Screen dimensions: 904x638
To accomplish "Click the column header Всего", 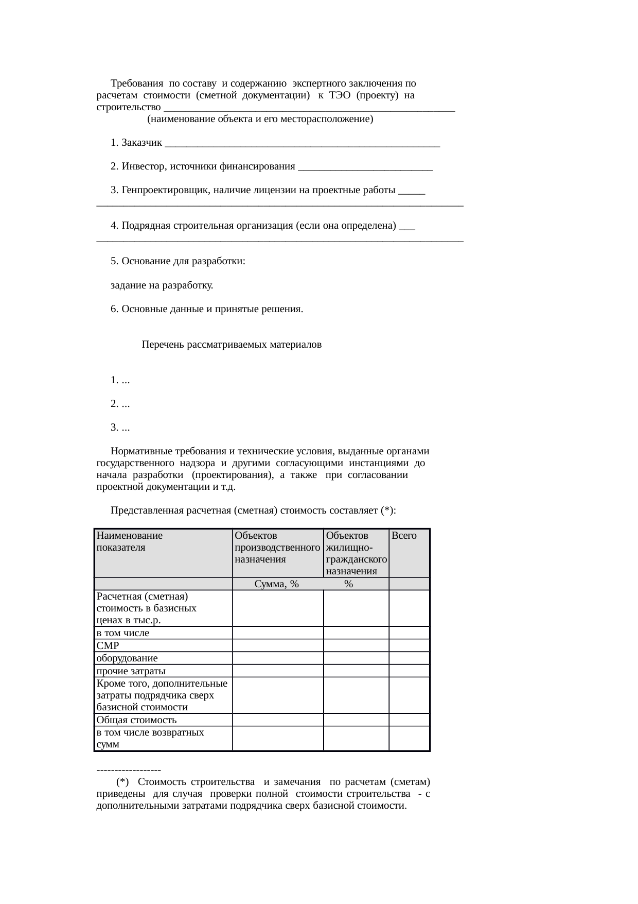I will pos(404,536).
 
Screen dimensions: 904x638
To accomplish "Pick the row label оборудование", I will pos(127,658).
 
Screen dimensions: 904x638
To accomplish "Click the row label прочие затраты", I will pos(131,671).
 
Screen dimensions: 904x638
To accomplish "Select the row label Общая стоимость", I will pos(136,720).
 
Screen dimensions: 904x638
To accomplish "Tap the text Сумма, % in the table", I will pos(277,584).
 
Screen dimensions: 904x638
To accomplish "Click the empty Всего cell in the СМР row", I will pos(409,646).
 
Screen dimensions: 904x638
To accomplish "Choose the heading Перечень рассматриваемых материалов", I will pos(232,345).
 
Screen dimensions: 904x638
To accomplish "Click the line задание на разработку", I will pos(162,285).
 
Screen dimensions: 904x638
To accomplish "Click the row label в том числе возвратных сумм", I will pos(150,738).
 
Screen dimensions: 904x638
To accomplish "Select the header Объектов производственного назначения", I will pos(277,548).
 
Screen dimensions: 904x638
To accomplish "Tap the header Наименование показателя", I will pos(129,541).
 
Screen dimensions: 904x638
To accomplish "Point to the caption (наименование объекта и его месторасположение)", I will pos(260,120).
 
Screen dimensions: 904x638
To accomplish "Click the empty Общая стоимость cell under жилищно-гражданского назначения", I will pos(356,720).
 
